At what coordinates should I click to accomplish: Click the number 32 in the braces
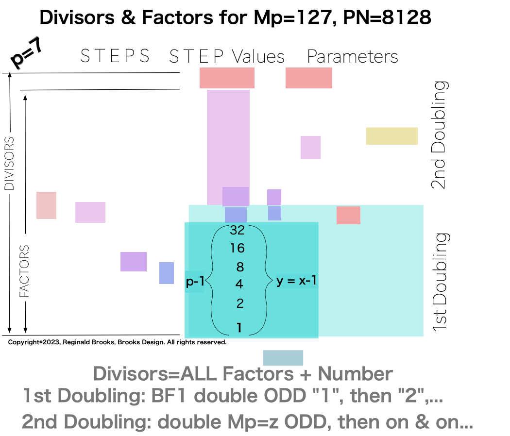coord(238,230)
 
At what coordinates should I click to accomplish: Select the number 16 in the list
coord(238,249)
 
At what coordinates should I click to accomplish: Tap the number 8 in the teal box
coord(239,267)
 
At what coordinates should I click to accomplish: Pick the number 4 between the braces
coord(239,284)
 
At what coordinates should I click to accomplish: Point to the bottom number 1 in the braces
coord(239,328)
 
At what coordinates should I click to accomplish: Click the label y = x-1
coord(297,281)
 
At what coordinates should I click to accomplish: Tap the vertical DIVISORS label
coord(9,163)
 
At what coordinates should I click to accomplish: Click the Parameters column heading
coord(353,57)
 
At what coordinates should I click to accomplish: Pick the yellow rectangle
coord(391,136)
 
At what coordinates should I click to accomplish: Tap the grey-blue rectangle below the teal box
coord(283,358)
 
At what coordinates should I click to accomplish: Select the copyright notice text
coord(118,342)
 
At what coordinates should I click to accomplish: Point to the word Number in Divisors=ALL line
coord(355,374)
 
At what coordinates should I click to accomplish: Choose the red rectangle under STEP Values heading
coord(227,78)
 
